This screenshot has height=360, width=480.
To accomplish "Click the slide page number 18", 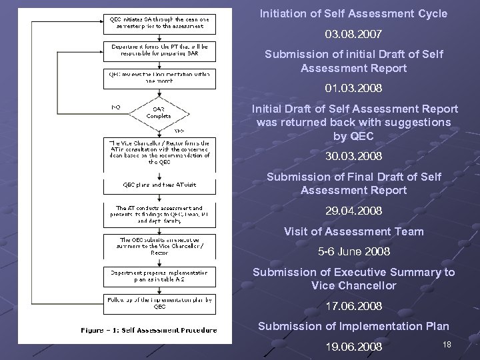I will pyautogui.click(x=447, y=344).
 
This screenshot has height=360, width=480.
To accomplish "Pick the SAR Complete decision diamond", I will pyautogui.click(x=159, y=112).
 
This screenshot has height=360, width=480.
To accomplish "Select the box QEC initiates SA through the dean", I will pyautogui.click(x=159, y=23).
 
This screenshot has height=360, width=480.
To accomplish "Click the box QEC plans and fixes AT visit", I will pyautogui.click(x=159, y=184).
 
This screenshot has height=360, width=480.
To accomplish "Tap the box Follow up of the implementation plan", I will pyautogui.click(x=159, y=303).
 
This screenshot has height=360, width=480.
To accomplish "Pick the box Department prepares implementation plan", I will pyautogui.click(x=159, y=274).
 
